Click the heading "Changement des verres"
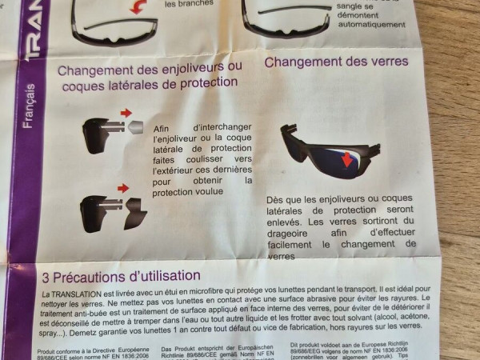pyautogui.click(x=336, y=62)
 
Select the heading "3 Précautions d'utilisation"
pyautogui.click(x=115, y=276)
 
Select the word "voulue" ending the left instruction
pyautogui.click(x=226, y=193)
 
